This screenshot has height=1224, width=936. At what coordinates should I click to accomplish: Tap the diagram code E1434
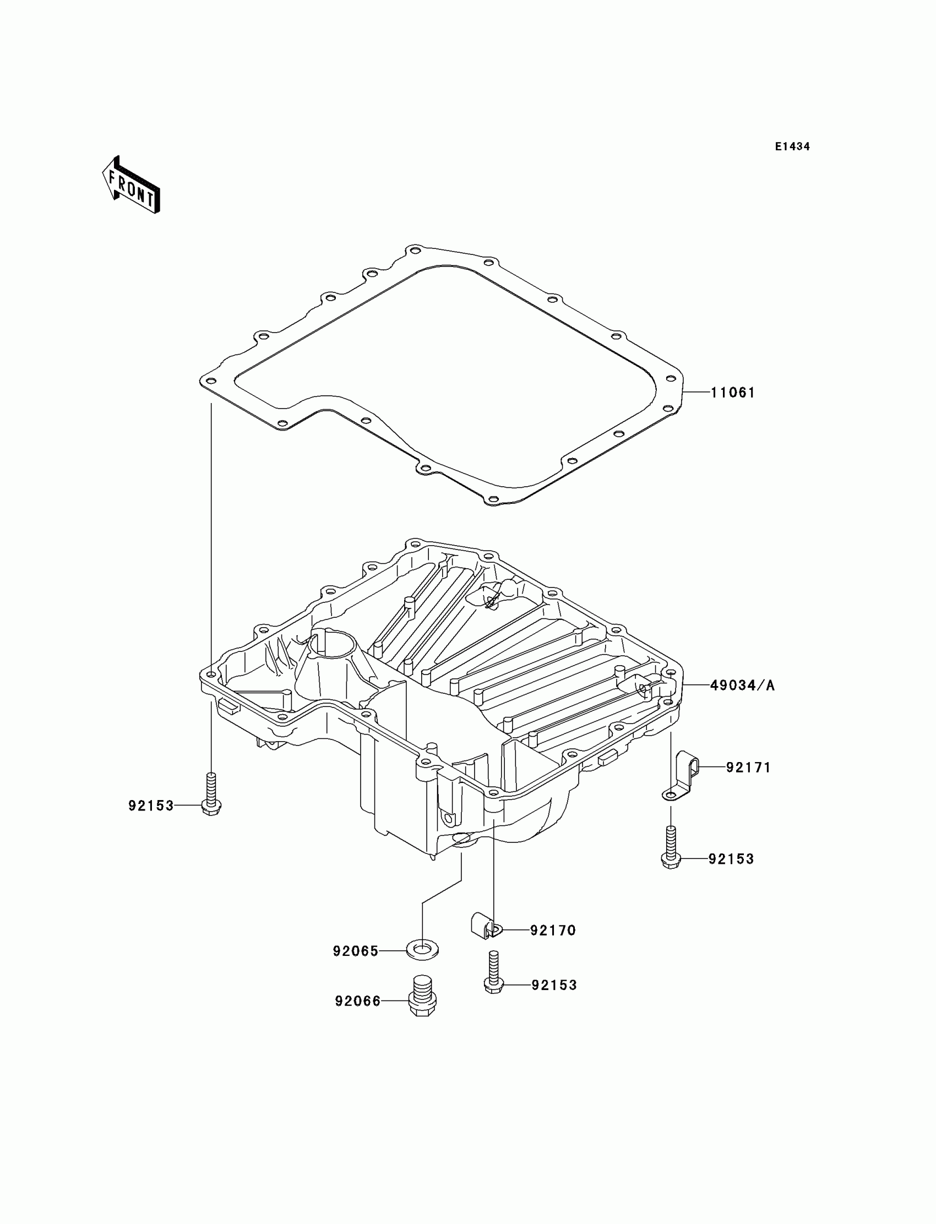pos(792,146)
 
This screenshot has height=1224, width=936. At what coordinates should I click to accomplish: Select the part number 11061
pos(733,393)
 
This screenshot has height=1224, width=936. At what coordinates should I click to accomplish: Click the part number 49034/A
pos(742,686)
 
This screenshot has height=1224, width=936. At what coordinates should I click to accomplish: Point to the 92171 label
pos(748,768)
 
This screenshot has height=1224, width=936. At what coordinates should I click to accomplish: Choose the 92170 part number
pos(553,931)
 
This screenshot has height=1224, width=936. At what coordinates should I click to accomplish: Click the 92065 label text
pos(356,951)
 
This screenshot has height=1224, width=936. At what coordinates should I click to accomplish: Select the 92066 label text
pos(358,1001)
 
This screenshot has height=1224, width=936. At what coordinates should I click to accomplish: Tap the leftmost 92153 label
pos(151,806)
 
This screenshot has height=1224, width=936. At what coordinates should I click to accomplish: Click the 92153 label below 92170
pos(554,985)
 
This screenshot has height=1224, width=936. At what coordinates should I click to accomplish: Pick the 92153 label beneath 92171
pos(731,859)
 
